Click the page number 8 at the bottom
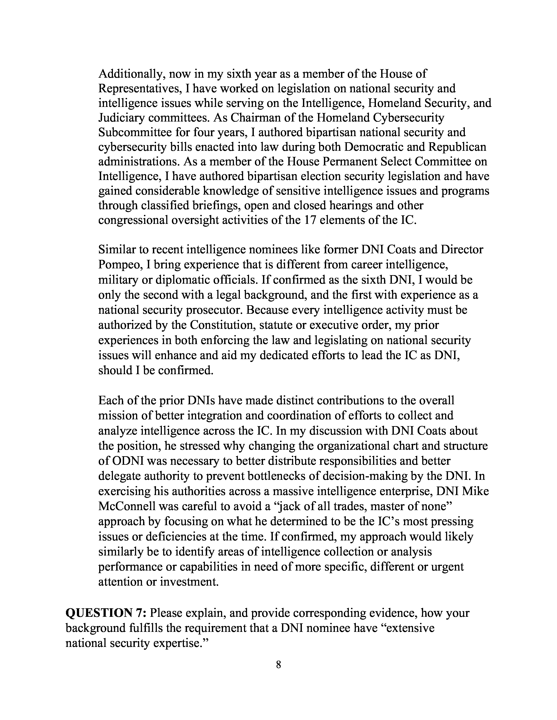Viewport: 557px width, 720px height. (x=278, y=665)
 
